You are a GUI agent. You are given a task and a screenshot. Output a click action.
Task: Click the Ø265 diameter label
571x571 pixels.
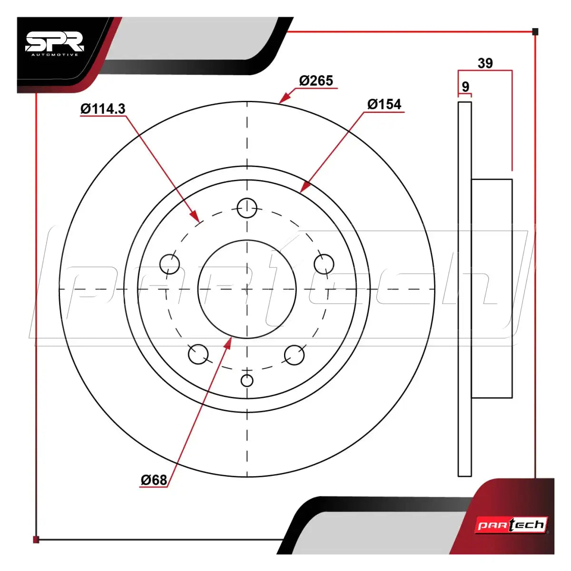pos(316,80)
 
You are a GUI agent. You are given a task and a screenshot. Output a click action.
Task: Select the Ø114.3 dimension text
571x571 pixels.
pos(103,109)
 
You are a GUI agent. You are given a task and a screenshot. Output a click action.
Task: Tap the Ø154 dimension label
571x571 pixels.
pos(384,104)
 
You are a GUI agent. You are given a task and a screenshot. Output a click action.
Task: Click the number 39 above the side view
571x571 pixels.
pos(485,63)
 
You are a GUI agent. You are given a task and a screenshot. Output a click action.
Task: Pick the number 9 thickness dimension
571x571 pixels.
pos(465,87)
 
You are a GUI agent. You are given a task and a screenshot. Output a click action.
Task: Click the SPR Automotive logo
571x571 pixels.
pos(55,44)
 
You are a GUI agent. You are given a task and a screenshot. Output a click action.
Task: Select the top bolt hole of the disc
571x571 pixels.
pos(247,208)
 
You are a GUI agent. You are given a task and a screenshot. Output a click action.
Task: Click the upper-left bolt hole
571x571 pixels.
pos(169,264)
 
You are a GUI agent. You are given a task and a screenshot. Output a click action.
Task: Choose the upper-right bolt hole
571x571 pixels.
pos(324,264)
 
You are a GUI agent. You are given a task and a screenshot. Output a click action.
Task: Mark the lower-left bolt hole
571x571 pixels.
pos(198,354)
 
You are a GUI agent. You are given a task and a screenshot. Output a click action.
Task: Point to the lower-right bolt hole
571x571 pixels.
pos(294,354)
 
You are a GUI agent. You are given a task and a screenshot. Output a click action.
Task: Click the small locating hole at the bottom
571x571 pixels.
pos(247,381)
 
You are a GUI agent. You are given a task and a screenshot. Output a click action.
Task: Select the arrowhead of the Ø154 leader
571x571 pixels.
pos(305,187)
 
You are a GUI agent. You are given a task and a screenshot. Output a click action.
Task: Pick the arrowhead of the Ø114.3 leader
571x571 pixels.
pos(195,216)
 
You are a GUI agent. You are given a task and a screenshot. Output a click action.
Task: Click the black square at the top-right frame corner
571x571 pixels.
pos(535,32)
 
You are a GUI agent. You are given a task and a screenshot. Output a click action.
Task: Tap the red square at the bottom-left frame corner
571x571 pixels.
pos(36,540)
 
